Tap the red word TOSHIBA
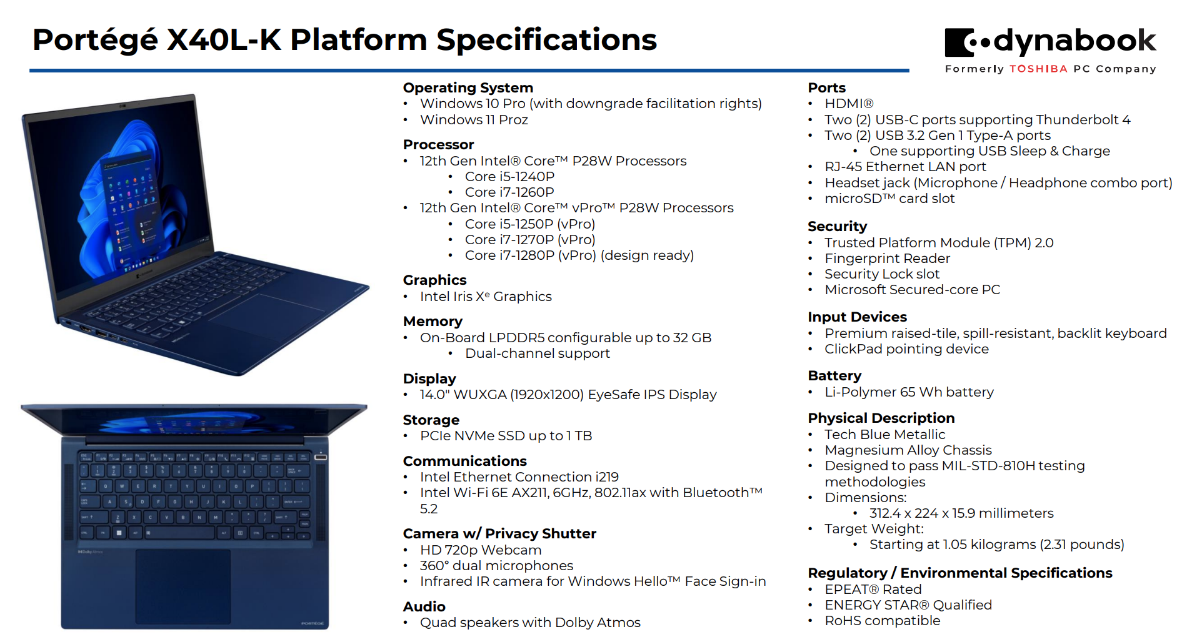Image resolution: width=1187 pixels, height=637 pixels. (1038, 69)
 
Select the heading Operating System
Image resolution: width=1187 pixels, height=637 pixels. (468, 87)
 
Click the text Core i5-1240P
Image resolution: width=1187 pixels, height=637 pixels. (509, 176)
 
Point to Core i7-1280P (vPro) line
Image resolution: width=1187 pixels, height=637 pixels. (579, 255)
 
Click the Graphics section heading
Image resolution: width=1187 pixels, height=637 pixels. (434, 280)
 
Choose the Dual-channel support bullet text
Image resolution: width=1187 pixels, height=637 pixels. (537, 353)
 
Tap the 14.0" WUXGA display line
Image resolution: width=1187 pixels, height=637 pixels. (568, 394)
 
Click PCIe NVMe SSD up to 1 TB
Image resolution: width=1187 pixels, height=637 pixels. (506, 435)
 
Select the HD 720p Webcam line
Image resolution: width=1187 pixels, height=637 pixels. (480, 550)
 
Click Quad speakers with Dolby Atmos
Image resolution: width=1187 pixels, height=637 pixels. (530, 622)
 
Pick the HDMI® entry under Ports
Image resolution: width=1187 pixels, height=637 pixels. (848, 103)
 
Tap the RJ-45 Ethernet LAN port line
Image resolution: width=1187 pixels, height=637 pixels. (904, 166)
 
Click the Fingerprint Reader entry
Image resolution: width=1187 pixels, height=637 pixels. (887, 258)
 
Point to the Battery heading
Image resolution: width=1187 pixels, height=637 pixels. (834, 375)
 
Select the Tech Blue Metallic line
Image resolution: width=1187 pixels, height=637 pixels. (884, 434)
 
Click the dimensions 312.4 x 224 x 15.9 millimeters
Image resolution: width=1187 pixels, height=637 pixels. (961, 513)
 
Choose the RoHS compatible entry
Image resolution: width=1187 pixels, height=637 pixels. (882, 620)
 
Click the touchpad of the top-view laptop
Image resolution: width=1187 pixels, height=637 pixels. (183, 586)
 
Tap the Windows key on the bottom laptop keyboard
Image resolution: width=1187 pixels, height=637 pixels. (119, 533)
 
